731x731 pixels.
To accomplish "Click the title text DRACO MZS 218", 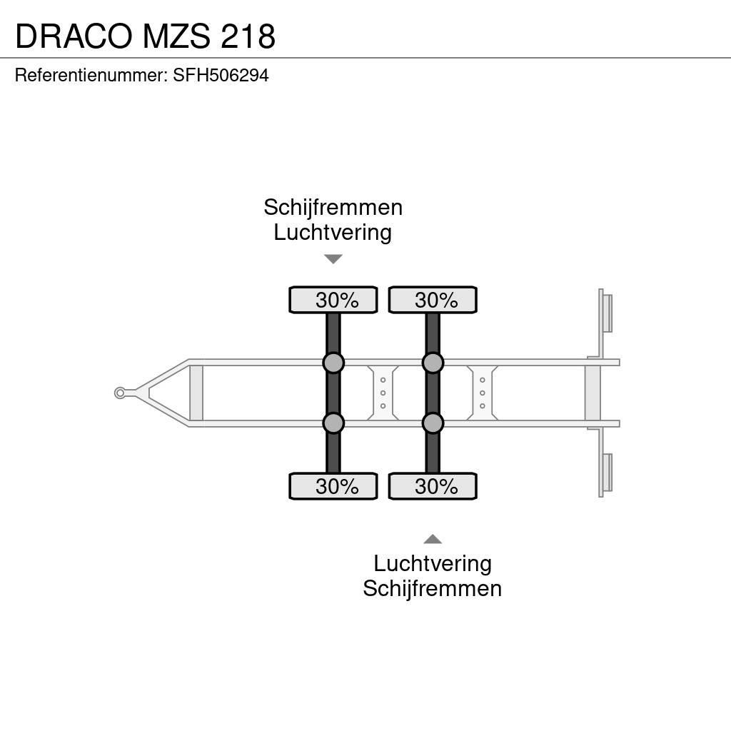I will [x=145, y=36].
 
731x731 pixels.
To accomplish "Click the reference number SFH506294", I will [x=221, y=76].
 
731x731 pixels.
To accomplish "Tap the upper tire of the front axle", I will [x=333, y=301].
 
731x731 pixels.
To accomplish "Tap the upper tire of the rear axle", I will [x=432, y=301].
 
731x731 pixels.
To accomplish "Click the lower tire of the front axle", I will [x=333, y=487].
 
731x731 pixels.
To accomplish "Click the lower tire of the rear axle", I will [x=432, y=487].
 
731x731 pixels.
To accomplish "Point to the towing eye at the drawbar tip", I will [x=120, y=393].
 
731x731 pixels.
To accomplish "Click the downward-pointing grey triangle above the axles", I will [x=333, y=259].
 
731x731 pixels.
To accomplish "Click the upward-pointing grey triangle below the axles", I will [x=432, y=539].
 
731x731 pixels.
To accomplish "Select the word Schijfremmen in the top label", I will [x=333, y=208].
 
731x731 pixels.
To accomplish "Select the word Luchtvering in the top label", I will [x=333, y=233].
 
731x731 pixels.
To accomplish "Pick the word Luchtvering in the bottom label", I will [x=432, y=564].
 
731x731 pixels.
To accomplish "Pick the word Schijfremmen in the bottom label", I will [x=432, y=589].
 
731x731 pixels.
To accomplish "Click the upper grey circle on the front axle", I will [x=333, y=363].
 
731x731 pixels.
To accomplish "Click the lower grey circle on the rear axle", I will [x=432, y=423].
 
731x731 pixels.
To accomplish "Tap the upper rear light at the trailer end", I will [x=607, y=313].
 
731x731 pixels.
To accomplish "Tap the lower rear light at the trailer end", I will [x=607, y=473].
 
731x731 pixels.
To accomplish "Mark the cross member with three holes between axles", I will [x=383, y=393].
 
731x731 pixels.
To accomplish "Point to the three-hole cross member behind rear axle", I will [x=483, y=393].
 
